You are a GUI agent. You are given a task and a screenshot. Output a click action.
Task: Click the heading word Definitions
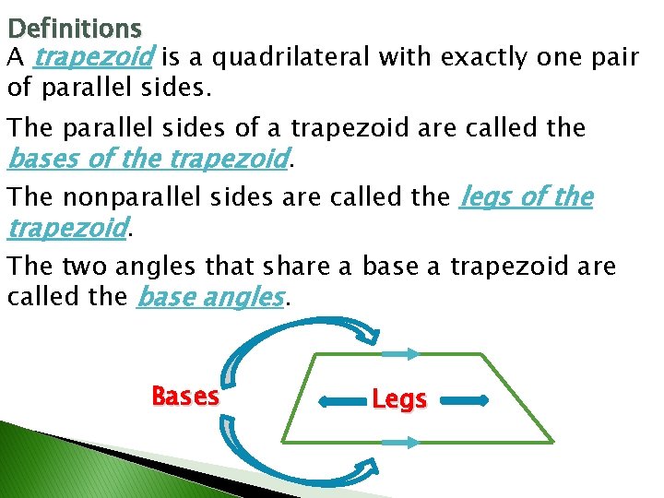coord(74,30)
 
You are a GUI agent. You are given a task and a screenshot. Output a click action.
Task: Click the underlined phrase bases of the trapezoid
coord(148,160)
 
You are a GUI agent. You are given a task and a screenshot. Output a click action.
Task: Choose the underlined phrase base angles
coord(210,298)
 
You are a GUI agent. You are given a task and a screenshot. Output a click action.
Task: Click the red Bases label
coord(185,397)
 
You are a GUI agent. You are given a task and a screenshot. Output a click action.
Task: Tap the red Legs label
coord(399,399)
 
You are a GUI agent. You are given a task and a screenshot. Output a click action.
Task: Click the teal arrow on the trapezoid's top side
coord(400,353)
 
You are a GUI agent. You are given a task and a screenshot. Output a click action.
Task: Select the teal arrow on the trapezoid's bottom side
coord(400,443)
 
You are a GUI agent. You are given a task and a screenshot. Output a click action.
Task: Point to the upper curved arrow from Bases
coord(277,346)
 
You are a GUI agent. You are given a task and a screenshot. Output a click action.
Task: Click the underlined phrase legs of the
coord(526,197)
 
